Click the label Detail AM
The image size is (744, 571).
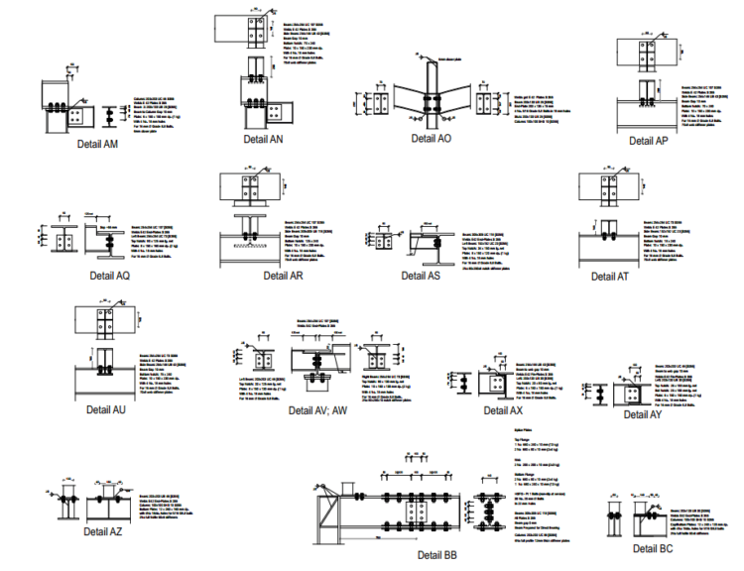pos(97,144)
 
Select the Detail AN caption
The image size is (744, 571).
pos(263,140)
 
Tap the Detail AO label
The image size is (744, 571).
pos(431,139)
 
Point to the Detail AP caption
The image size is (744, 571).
pos(648,141)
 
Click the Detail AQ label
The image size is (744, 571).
pos(109,276)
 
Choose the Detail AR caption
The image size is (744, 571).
pos(283,276)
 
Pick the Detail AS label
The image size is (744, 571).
pos(421,276)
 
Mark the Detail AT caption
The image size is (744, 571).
pos(609,277)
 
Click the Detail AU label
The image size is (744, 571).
pos(105,408)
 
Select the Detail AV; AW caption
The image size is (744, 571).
pos(318,409)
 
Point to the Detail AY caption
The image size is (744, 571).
pos(642,414)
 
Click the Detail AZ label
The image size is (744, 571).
pos(102,532)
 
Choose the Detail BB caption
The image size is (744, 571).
pos(436,555)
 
